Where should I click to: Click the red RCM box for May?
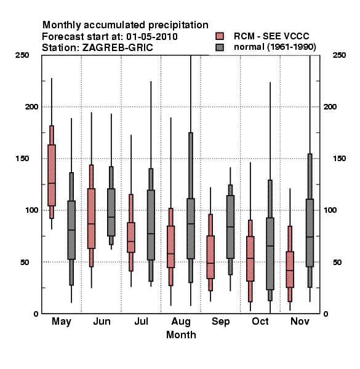point(52,175)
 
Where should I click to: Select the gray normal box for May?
point(71,230)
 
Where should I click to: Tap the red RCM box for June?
point(91,218)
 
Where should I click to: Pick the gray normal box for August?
point(191,229)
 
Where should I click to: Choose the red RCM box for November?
point(290,269)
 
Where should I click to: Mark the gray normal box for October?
point(270,253)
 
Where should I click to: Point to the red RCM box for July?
point(131,237)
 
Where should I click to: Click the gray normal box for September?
point(230,227)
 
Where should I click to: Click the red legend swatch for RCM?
point(220,36)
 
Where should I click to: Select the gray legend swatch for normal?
point(220,47)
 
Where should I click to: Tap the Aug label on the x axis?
point(181,322)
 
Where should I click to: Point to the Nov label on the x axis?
point(300,321)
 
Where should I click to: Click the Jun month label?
point(102,321)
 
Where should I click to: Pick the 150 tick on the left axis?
point(22,158)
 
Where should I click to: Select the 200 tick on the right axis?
point(330,106)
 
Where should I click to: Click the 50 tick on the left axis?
point(25,262)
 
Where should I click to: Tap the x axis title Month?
point(181,335)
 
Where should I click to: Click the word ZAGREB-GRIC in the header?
point(118,48)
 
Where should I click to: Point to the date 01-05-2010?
point(152,37)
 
